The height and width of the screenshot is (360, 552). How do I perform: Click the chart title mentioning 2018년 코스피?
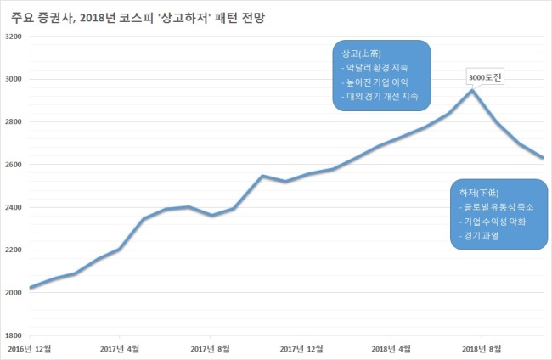coord(138,18)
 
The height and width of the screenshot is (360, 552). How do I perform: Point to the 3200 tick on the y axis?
coord(14,37)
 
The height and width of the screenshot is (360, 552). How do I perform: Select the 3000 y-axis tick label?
coord(14,79)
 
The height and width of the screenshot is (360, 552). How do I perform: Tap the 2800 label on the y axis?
coord(14,121)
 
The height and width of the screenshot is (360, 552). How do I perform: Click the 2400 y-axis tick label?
coord(14,207)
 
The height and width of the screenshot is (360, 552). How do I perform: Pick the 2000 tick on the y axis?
coord(14,292)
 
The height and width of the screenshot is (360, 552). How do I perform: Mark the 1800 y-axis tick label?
coord(14,335)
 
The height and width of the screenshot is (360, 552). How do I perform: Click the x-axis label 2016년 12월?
coord(30,349)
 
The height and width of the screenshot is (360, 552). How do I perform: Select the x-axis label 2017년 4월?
coord(120,349)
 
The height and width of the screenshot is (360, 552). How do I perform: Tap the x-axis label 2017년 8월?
coord(210,349)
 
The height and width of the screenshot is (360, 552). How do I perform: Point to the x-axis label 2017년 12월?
coord(301,349)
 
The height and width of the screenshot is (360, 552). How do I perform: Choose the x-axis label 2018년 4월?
coord(391,349)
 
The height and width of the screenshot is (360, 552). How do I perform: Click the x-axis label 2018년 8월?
coord(482,349)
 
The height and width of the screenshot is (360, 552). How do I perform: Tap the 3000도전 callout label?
coord(485,77)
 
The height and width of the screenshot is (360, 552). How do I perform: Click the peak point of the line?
coord(472,91)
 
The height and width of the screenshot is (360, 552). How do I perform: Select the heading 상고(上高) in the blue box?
coord(362,53)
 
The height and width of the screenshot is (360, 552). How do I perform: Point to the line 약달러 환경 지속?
coord(375,68)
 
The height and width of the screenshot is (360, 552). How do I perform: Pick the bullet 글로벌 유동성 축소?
coord(497,207)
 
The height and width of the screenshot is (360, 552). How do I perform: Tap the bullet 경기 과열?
coord(479,236)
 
